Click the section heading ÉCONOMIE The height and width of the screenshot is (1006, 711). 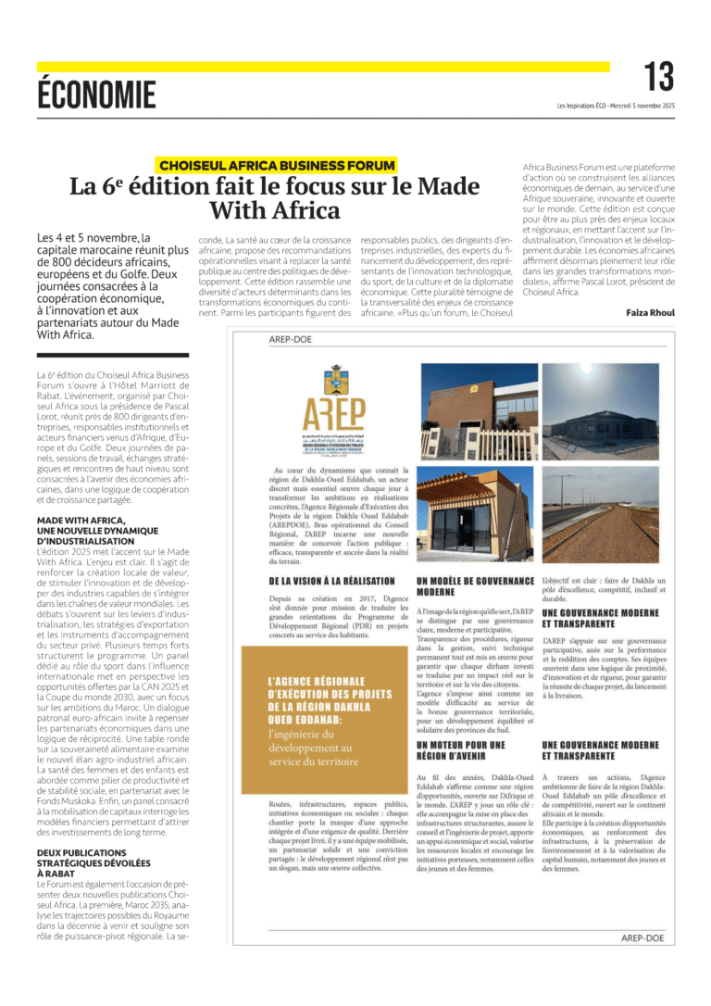(97, 94)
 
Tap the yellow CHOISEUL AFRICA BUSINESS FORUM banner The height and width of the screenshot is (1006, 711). (277, 166)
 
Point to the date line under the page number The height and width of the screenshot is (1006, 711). (616, 106)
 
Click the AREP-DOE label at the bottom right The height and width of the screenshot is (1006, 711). (642, 938)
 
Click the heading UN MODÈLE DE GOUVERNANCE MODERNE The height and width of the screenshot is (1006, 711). (475, 560)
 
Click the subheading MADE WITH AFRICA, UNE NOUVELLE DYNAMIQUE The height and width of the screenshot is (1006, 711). (98, 499)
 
